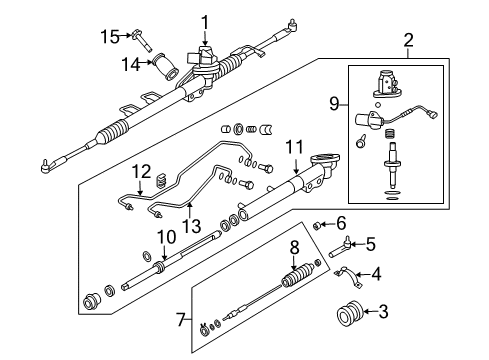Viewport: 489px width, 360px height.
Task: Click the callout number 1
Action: point(204,20)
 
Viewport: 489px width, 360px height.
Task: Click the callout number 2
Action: point(408,40)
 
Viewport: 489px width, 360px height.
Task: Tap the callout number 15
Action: point(108,36)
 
